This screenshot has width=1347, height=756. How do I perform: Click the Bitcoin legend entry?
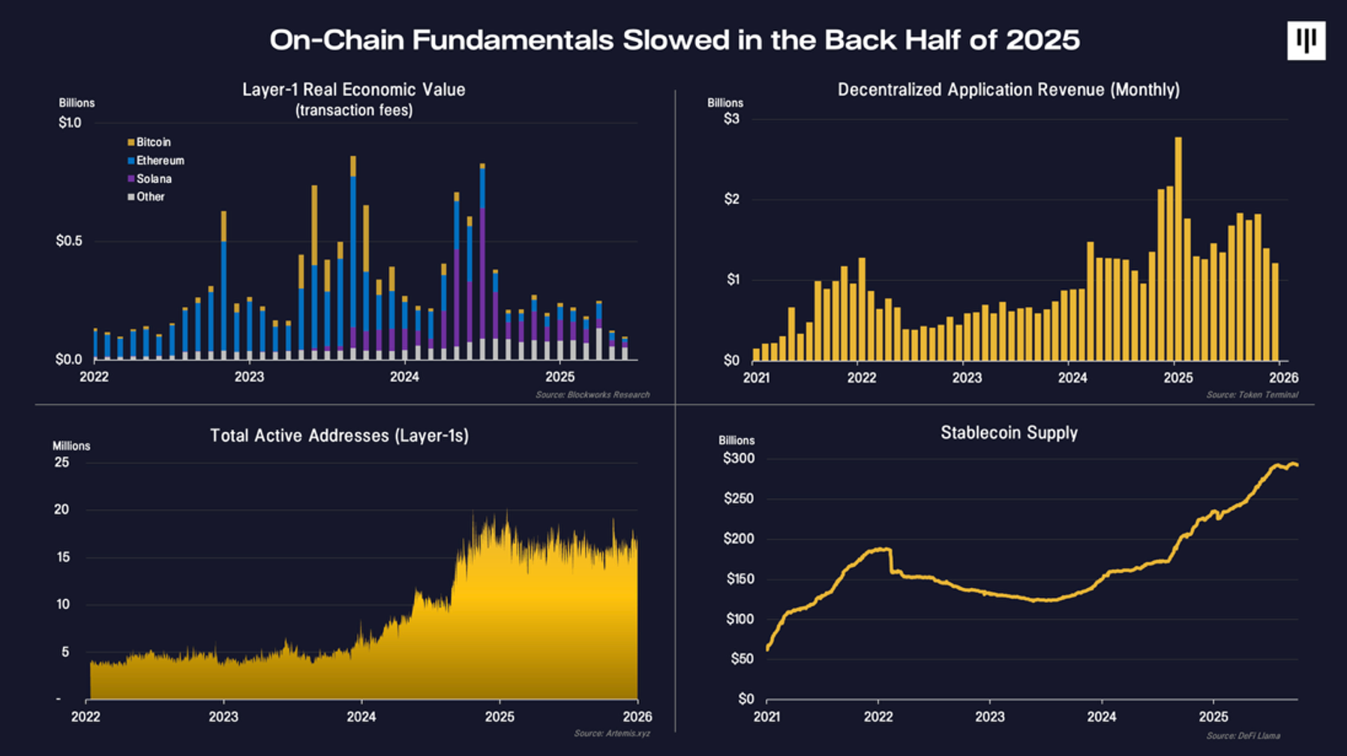tap(152, 142)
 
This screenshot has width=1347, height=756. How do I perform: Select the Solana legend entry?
tap(153, 179)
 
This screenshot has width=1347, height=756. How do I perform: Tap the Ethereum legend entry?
tap(159, 160)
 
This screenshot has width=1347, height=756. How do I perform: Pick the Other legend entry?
tap(149, 197)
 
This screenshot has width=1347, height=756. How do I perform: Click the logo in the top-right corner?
tap(1306, 40)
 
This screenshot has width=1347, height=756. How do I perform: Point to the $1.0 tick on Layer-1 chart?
tap(70, 123)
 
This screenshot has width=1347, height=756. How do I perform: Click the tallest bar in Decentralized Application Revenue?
tap(1178, 247)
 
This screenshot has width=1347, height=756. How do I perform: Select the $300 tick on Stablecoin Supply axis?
tap(739, 459)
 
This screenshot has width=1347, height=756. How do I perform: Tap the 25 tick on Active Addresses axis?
tap(61, 463)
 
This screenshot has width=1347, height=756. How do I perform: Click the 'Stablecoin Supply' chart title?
tap(1009, 433)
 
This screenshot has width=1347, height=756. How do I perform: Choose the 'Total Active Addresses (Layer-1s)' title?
tap(339, 436)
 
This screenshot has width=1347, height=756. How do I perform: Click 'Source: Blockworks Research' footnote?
tap(592, 395)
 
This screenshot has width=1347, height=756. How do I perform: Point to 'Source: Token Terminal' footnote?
tap(1252, 395)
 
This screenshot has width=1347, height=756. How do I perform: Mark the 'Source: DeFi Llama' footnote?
tap(1243, 736)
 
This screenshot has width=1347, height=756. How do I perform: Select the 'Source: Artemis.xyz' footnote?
tap(612, 733)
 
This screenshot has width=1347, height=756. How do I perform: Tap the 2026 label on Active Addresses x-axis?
tap(637, 717)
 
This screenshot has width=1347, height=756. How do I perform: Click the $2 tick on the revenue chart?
tap(731, 199)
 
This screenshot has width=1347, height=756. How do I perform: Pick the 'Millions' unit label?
tap(71, 446)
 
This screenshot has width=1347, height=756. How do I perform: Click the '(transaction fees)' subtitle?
tap(354, 111)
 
